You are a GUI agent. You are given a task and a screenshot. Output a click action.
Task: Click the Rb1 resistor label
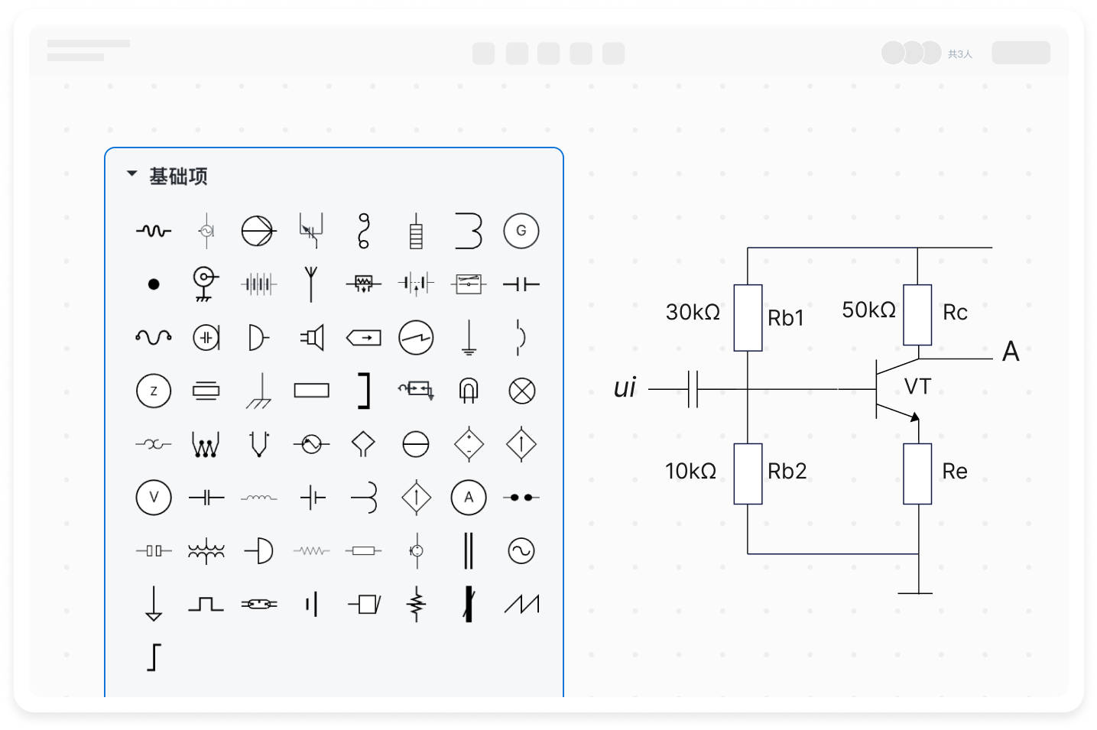pyautogui.click(x=786, y=318)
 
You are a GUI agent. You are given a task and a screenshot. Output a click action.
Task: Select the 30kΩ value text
pyautogui.click(x=693, y=312)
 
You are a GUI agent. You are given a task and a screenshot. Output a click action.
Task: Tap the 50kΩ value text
pyautogui.click(x=868, y=310)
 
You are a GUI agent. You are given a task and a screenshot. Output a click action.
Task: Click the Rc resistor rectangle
pyautogui.click(x=917, y=315)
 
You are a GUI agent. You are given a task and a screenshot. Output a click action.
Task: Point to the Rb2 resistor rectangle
pyautogui.click(x=748, y=473)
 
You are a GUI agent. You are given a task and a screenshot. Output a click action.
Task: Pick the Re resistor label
pyautogui.click(x=955, y=471)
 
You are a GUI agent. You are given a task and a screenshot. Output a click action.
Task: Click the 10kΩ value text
pyautogui.click(x=690, y=471)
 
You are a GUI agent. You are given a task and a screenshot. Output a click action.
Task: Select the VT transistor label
pyautogui.click(x=917, y=387)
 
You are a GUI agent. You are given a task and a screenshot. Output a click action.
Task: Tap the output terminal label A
pyautogui.click(x=1011, y=352)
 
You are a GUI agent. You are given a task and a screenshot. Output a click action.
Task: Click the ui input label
pyautogui.click(x=625, y=388)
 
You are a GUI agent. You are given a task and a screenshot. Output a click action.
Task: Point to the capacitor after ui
pyautogui.click(x=693, y=389)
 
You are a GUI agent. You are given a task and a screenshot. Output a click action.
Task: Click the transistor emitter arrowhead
pyautogui.click(x=914, y=417)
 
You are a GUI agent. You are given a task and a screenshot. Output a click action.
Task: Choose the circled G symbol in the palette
pyautogui.click(x=521, y=231)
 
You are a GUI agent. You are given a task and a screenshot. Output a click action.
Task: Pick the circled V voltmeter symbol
pyautogui.click(x=154, y=498)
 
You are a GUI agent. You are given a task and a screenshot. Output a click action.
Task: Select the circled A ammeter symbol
pyautogui.click(x=469, y=498)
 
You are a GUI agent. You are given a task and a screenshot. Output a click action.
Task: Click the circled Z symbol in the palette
pyautogui.click(x=154, y=391)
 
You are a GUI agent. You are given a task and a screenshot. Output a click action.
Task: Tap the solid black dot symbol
pyautogui.click(x=154, y=284)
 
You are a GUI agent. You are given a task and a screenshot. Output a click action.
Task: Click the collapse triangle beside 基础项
pyautogui.click(x=131, y=174)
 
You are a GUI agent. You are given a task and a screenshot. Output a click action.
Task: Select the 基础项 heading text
pyautogui.click(x=178, y=177)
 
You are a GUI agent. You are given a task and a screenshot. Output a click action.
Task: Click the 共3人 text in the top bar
pyautogui.click(x=960, y=54)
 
